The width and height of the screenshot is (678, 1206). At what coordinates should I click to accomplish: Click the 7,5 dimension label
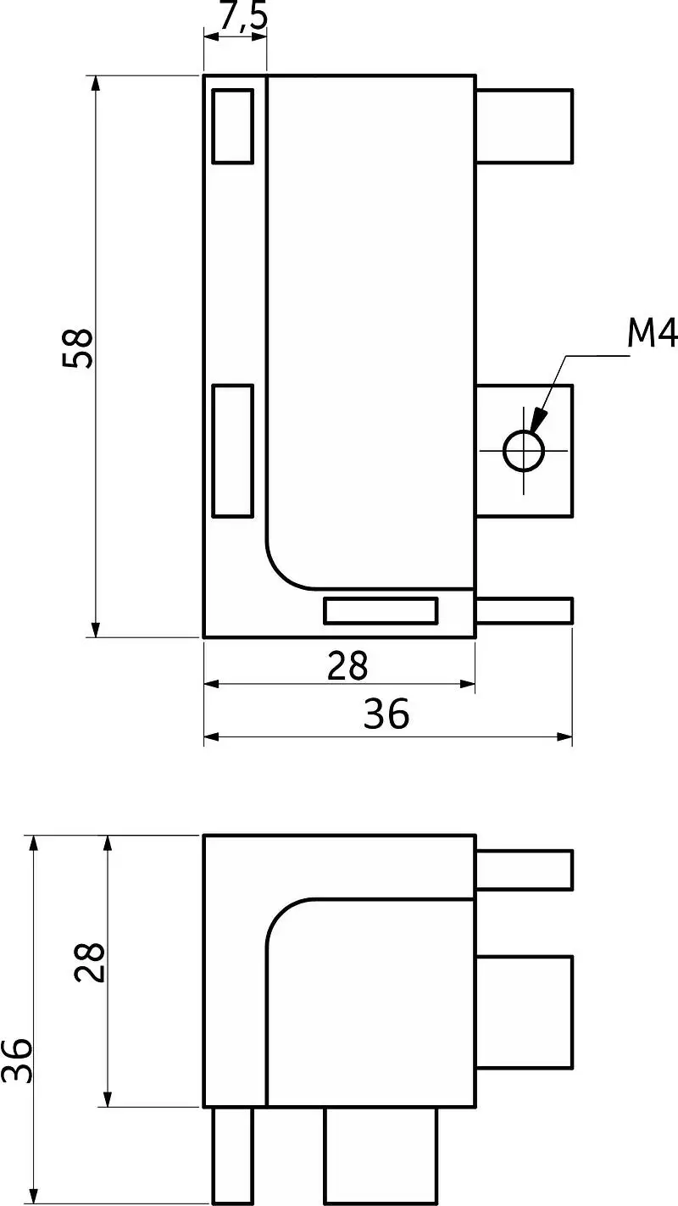[243, 15]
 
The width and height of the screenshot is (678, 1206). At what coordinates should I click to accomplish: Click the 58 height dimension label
[78, 348]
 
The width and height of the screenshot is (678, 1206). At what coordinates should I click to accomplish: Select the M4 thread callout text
[652, 333]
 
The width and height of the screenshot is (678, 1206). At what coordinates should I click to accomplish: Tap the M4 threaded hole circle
[524, 451]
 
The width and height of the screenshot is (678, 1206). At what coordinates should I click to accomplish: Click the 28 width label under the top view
[347, 666]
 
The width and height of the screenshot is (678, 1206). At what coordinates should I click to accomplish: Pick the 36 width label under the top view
[386, 714]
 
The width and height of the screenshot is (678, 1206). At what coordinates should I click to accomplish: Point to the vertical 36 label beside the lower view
[17, 1060]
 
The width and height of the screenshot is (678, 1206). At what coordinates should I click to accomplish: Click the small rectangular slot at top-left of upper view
[233, 126]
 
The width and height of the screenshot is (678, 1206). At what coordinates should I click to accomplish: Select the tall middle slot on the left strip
[233, 451]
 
